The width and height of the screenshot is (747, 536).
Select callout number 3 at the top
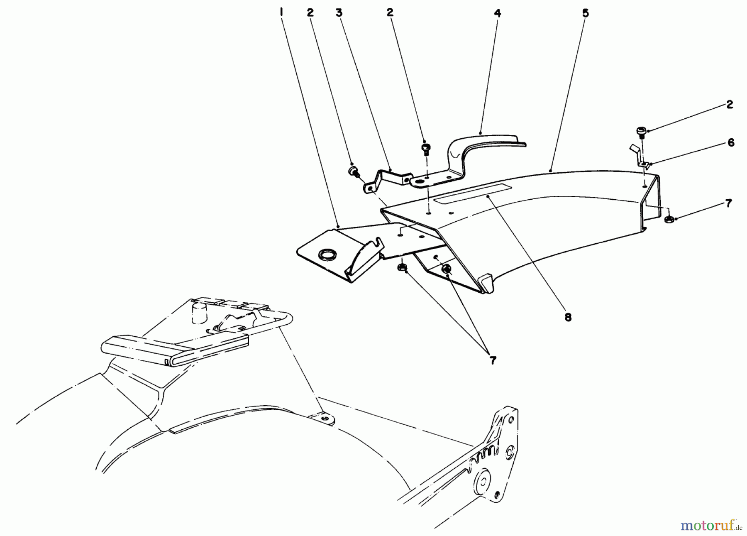[x=339, y=13]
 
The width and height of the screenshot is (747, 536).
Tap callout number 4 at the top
[x=498, y=13]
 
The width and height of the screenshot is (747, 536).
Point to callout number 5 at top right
[x=585, y=13]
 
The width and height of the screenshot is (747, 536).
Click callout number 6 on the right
[x=731, y=143]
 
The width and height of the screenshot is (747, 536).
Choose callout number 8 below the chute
[x=568, y=317]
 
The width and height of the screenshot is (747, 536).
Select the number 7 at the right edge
[x=728, y=203]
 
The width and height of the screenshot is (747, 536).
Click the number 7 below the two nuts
[x=492, y=360]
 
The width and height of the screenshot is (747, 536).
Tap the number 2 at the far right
[x=730, y=105]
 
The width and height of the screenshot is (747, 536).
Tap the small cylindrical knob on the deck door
[x=199, y=312]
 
